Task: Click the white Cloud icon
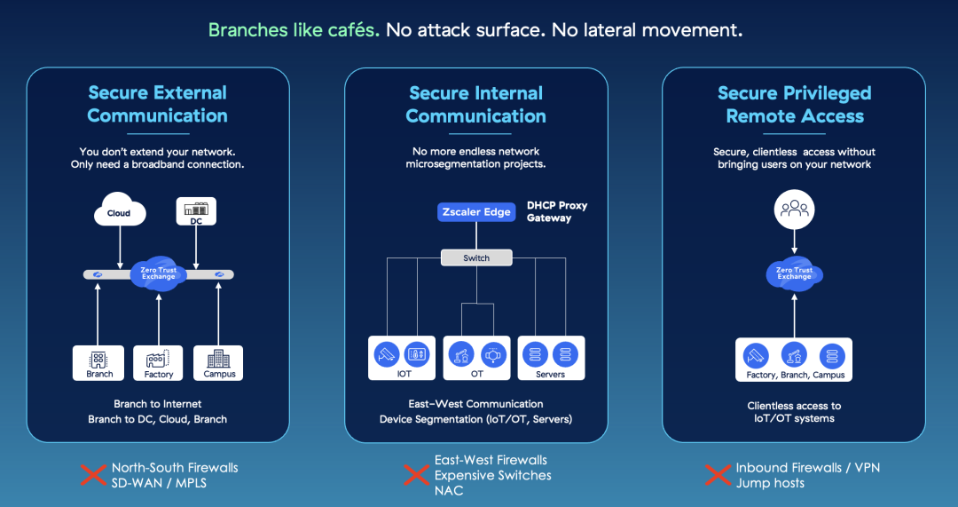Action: pos(119,212)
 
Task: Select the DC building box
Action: pos(196,210)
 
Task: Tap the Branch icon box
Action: pos(99,363)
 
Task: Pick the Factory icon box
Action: pos(159,363)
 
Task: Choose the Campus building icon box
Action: pos(218,363)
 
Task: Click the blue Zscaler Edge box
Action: pos(476,212)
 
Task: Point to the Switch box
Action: pos(476,258)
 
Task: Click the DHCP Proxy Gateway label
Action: pos(557,211)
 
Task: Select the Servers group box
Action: pos(551,358)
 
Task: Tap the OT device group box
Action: pos(476,358)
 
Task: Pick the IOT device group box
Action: pos(402,358)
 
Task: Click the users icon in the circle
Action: pos(794,210)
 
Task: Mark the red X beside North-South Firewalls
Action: pos(94,475)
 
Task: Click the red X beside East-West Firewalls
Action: pos(416,475)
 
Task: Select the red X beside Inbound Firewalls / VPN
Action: pos(718,475)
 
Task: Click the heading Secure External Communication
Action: pos(157,104)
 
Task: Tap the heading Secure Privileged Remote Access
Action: pos(794,104)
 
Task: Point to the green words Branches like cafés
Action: pos(294,30)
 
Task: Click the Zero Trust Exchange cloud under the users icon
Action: pos(794,273)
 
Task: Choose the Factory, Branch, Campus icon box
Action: pos(794,360)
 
